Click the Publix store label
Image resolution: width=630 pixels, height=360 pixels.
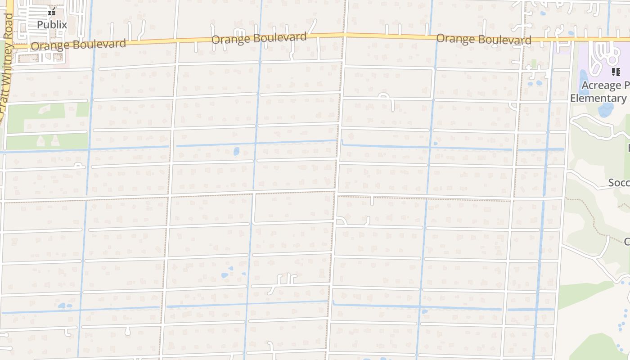tap(52, 25)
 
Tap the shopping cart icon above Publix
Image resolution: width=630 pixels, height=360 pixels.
tap(52, 12)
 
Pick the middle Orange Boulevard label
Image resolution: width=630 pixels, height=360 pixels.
tap(259, 38)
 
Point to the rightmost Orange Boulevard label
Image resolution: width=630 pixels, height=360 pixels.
tap(484, 39)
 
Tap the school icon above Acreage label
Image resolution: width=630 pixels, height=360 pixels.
tap(616, 72)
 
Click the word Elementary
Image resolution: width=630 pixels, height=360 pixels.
tap(598, 98)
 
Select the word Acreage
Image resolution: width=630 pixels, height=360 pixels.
tap(601, 85)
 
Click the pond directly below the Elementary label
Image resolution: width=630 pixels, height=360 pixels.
tap(606, 109)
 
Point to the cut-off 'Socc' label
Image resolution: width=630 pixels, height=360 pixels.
tap(619, 183)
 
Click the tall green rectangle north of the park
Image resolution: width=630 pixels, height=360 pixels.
tap(82, 109)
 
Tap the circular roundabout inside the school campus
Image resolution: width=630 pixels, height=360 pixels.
tap(612, 58)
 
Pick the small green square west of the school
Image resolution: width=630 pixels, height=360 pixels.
tap(534, 63)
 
